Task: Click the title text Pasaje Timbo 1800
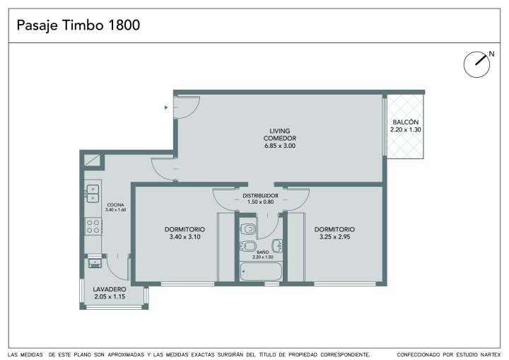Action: pos(78,25)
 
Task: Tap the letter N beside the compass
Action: pos(491,54)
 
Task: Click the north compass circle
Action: pos(476,64)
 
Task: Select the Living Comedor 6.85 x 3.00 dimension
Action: pos(280,146)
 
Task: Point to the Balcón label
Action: pos(406,122)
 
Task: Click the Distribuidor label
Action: pos(260,196)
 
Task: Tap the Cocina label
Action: pos(115,205)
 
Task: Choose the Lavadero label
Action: pos(110,289)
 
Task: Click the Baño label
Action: pos(262,252)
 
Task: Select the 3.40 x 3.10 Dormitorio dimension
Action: pos(185,237)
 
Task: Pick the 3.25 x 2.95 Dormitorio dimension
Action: pos(334,237)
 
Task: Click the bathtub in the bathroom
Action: pos(261,272)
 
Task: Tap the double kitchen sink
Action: pos(93,194)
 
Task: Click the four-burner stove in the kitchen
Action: pos(93,226)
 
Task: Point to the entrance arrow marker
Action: pos(166,108)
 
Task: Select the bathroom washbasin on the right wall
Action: pos(277,246)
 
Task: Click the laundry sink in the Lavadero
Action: pos(95,262)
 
